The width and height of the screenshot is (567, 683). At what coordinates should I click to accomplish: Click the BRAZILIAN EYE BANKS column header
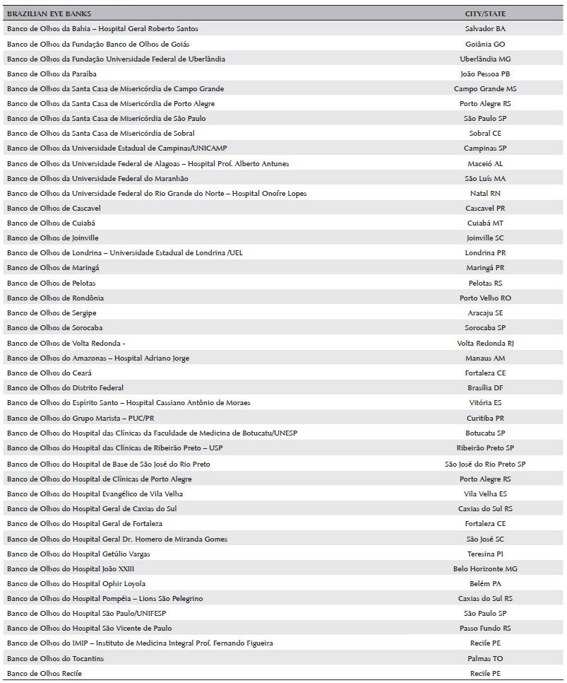(x=49, y=13)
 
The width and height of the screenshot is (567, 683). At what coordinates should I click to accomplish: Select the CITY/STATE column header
(x=485, y=13)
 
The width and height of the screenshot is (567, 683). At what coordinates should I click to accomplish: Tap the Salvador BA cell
(x=485, y=29)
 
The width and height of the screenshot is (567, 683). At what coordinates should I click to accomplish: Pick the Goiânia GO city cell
(x=485, y=44)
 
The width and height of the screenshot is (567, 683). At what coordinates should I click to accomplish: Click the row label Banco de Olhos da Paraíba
(x=52, y=74)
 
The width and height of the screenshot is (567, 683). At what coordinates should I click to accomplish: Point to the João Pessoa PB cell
(x=485, y=74)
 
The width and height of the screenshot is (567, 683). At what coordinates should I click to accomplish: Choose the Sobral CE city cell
(x=485, y=134)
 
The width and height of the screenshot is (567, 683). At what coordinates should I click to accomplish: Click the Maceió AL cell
(x=485, y=163)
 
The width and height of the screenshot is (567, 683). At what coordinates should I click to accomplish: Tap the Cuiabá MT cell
(x=485, y=223)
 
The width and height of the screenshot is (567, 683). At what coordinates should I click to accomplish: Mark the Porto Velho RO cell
(x=485, y=298)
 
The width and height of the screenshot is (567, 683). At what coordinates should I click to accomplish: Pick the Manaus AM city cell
(x=485, y=358)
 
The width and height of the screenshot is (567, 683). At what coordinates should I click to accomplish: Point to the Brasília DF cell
(x=485, y=388)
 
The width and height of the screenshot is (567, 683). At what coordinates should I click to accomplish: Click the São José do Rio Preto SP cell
(x=485, y=464)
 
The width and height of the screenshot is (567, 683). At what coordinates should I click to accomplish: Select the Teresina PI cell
(x=485, y=554)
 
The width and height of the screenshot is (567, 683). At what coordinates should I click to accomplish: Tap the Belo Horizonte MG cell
(x=485, y=568)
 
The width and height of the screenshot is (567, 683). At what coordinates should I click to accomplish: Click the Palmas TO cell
(x=485, y=658)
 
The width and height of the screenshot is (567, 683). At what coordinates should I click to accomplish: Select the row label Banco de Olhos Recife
(x=44, y=673)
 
